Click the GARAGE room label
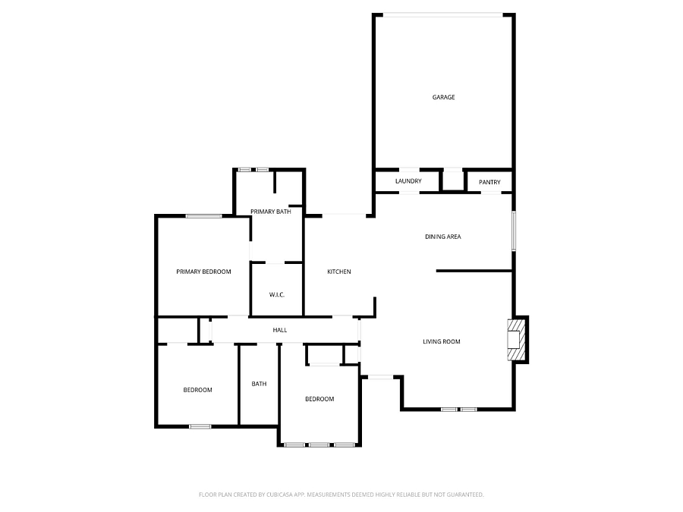tap(443, 97)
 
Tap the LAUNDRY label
tap(408, 181)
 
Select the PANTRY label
tap(489, 182)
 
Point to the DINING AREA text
tap(442, 237)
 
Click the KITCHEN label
tap(339, 272)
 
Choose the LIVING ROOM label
tap(441, 341)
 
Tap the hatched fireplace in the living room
tap(517, 340)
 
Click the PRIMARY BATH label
tap(270, 212)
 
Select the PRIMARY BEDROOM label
tap(203, 272)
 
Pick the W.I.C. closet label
tap(276, 295)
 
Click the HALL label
tap(279, 330)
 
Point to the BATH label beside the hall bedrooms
tap(259, 384)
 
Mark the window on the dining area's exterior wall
tap(514, 231)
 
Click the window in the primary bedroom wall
tap(203, 216)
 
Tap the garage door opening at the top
tap(443, 15)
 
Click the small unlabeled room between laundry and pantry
tap(453, 181)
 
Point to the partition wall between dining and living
tap(474, 271)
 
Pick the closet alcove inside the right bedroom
tap(325, 354)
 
